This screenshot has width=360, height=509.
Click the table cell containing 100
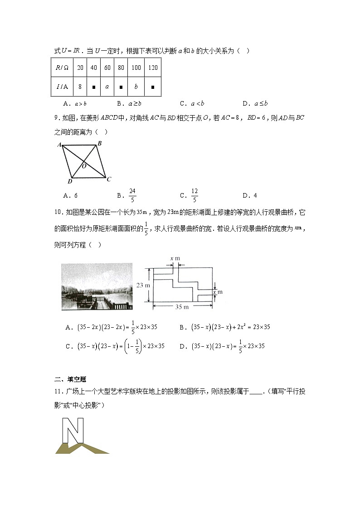(x=136, y=68)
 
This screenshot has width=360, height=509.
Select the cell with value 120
(x=153, y=68)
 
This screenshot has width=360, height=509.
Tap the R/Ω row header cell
(x=62, y=68)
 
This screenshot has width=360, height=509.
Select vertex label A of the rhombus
(x=59, y=145)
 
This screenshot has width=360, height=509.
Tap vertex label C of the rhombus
(x=109, y=179)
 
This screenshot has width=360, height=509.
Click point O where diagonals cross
(x=84, y=166)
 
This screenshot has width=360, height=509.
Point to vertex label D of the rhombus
(x=69, y=182)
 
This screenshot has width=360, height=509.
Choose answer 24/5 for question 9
(x=132, y=195)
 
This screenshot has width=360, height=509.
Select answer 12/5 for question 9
(x=195, y=195)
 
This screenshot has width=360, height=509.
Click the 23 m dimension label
(x=143, y=285)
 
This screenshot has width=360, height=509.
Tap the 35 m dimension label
(x=182, y=307)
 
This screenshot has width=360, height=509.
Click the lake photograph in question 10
(x=97, y=286)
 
